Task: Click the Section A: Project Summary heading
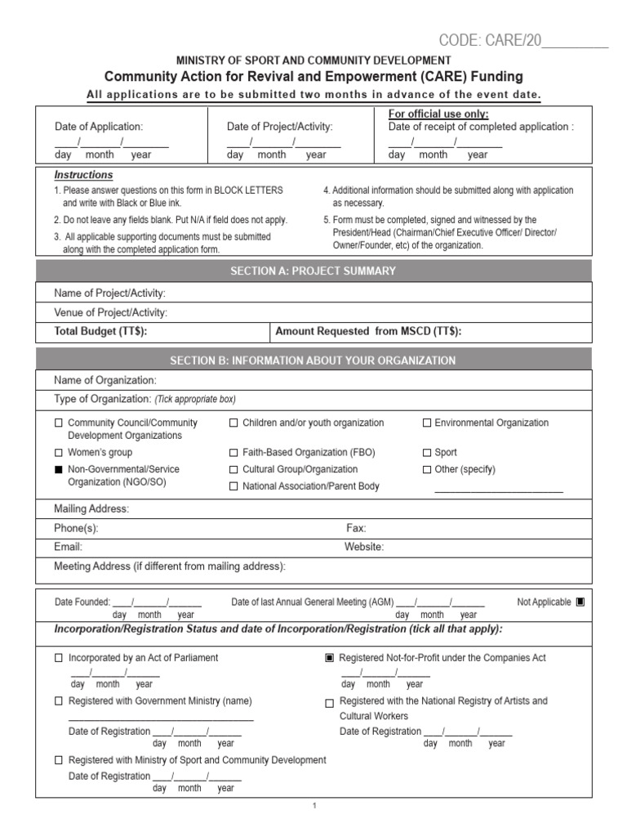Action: tap(313, 271)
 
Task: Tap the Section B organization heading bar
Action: tap(313, 360)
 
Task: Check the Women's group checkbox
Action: tap(58, 453)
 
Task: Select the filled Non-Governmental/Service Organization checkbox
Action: tap(58, 470)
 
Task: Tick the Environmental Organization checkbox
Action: tap(426, 423)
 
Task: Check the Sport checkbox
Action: tap(426, 453)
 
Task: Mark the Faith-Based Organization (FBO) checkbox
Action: tap(233, 453)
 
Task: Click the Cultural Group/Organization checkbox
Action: tap(233, 470)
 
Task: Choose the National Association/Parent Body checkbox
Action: tap(233, 486)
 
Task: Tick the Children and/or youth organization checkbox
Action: tap(233, 423)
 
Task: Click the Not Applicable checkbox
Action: tap(580, 602)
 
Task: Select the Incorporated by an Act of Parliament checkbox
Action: tap(58, 658)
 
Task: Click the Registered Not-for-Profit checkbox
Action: tap(330, 658)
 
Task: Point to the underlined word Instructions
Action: tap(83, 175)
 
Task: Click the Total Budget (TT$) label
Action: tap(100, 331)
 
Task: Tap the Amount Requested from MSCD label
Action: tap(368, 331)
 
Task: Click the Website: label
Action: tap(364, 547)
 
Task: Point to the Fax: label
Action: tap(356, 529)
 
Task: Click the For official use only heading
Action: tap(438, 114)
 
